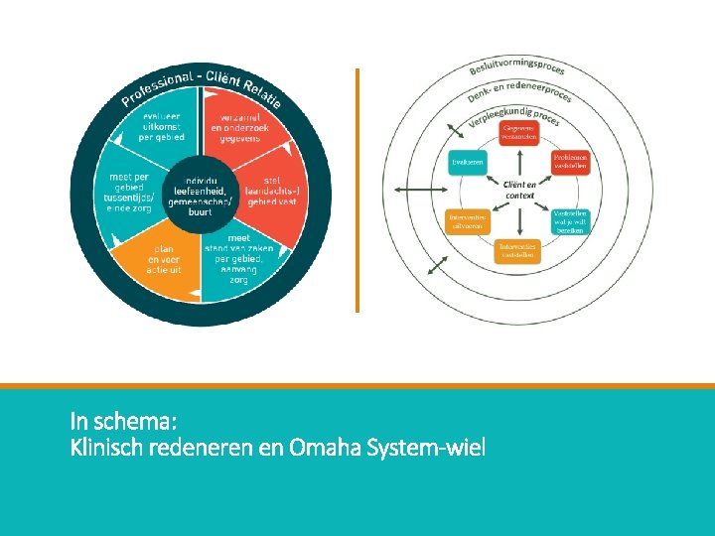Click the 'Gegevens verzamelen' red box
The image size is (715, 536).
(x=519, y=132)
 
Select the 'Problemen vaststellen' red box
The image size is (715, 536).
(x=571, y=162)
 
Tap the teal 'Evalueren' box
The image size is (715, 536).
(x=466, y=162)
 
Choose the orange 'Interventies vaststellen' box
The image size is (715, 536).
(x=517, y=250)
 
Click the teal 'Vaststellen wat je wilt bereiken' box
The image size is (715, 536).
(x=571, y=220)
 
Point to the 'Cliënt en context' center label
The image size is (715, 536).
(x=519, y=191)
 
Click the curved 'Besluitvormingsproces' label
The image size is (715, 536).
(x=519, y=67)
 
